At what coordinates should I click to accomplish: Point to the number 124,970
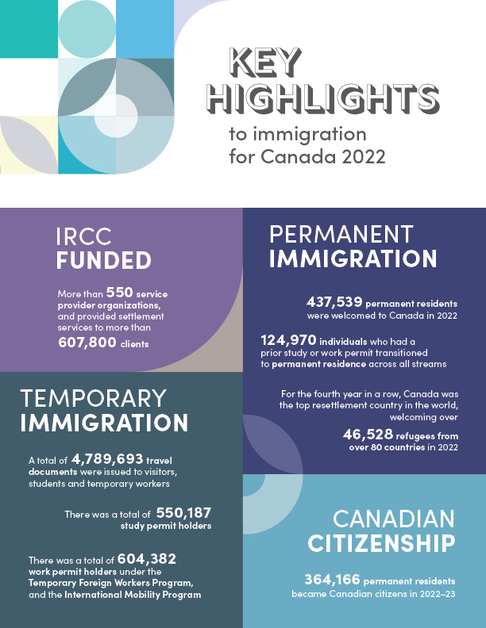pos(288,339)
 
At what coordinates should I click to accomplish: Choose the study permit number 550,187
pos(183,512)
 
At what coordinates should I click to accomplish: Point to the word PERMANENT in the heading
pos(341,234)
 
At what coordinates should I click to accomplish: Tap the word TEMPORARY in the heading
pos(93,398)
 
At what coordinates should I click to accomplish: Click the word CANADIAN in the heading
pos(394,519)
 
